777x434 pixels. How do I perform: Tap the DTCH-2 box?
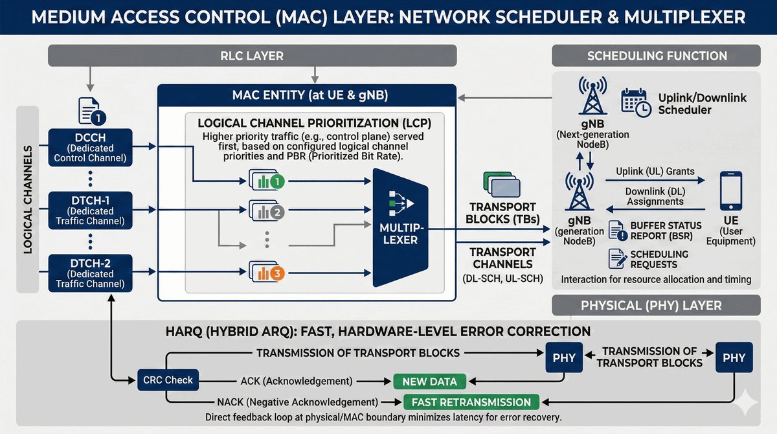click(x=91, y=272)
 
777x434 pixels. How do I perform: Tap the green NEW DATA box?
click(x=429, y=381)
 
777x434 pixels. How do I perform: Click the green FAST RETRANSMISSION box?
click(x=471, y=402)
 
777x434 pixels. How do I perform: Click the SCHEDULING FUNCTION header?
click(x=657, y=56)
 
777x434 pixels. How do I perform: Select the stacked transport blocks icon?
click(x=502, y=185)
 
